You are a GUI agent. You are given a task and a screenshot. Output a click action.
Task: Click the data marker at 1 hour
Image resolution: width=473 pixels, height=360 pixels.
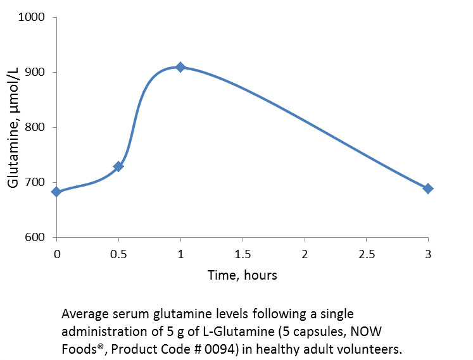tap(180, 67)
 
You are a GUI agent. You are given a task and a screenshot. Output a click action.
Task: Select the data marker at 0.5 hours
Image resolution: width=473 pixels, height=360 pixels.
tap(118, 166)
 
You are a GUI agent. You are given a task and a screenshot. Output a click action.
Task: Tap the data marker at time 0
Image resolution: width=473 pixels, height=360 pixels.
tap(56, 192)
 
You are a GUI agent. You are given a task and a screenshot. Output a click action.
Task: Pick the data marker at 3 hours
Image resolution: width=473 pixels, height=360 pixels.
tap(428, 189)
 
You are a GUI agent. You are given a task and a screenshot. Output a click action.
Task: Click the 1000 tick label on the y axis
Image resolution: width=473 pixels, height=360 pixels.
tap(32, 17)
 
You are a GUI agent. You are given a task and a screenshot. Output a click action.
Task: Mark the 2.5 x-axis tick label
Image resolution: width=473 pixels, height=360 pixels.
tap(366, 254)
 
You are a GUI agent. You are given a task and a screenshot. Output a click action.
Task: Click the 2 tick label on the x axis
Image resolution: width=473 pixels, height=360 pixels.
tap(305, 254)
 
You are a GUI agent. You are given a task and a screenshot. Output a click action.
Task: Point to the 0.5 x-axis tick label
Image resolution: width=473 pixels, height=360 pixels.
tap(118, 254)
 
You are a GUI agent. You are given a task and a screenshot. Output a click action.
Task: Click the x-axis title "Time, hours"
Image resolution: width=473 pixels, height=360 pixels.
tap(243, 275)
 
